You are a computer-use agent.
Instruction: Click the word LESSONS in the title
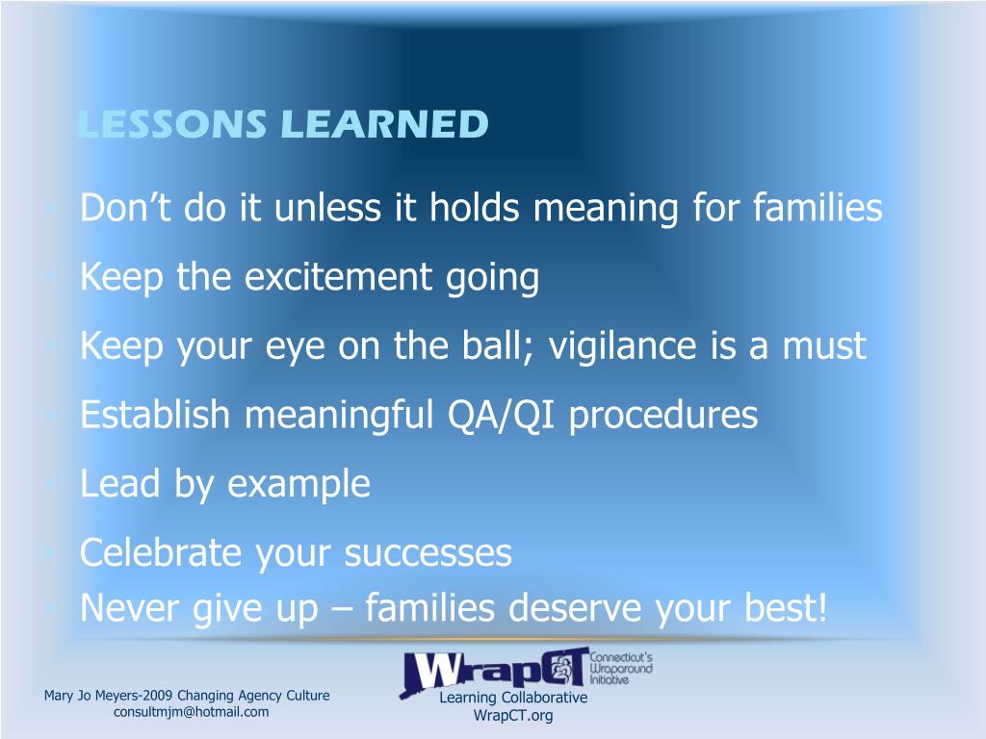pyautogui.click(x=171, y=124)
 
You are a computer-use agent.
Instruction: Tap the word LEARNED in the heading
pyautogui.click(x=385, y=124)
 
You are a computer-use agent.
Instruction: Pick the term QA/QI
pyautogui.click(x=501, y=416)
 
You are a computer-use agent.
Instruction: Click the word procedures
pyautogui.click(x=663, y=417)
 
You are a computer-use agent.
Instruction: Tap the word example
pyautogui.click(x=298, y=485)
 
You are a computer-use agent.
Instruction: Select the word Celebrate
pyautogui.click(x=161, y=553)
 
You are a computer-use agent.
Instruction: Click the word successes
pyautogui.click(x=428, y=554)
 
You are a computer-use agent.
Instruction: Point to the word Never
pyautogui.click(x=130, y=608)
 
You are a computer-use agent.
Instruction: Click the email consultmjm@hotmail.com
pyautogui.click(x=192, y=712)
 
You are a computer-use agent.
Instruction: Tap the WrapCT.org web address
pyautogui.click(x=513, y=716)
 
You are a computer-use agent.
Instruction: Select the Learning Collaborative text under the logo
pyautogui.click(x=513, y=698)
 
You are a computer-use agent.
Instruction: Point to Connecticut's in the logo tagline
pyautogui.click(x=621, y=657)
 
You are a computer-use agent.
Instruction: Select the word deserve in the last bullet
pyautogui.click(x=575, y=608)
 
